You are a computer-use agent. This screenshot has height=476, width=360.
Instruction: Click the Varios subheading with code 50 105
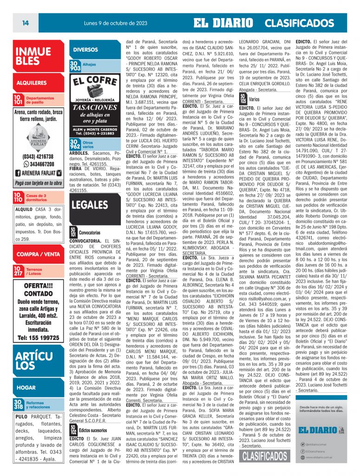pos(254,99)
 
